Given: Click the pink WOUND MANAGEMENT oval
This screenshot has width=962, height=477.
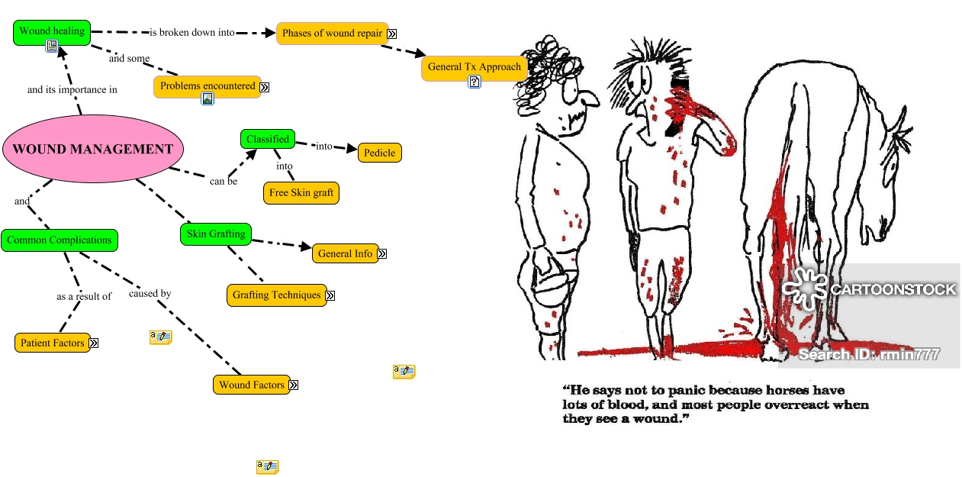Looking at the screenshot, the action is coord(93,150).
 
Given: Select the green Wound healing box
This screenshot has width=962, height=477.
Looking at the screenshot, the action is coord(52,31).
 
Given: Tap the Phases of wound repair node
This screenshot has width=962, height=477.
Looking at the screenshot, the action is coord(332,34).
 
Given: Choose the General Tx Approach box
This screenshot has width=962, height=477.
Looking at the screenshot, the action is coord(474,67).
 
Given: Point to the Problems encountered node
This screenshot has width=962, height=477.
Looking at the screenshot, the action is coord(208,86).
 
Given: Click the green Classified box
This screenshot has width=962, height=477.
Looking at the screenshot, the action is coord(267,139).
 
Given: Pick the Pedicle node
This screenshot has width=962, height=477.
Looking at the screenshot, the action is coord(379,153).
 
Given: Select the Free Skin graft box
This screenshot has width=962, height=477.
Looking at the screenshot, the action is coord(301,193).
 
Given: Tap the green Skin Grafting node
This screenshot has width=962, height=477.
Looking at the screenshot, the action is coord(216,234).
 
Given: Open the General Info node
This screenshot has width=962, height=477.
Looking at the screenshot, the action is coord(345,253).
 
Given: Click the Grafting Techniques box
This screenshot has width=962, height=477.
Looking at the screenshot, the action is coord(276,295).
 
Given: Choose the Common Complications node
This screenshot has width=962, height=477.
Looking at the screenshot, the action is coord(60,240).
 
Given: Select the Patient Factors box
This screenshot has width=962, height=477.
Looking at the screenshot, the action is coord(52,343).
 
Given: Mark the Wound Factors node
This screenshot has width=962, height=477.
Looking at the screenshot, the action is coord(251,385).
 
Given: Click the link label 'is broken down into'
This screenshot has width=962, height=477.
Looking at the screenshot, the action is coord(191,33).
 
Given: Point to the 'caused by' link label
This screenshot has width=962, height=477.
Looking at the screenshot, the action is coord(150,293).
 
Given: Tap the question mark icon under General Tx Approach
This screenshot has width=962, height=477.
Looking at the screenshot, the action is coord(475,82).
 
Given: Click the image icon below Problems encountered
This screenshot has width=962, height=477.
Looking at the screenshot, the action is coord(208,98).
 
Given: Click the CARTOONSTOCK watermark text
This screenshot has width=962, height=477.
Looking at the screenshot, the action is coord(893,289).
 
